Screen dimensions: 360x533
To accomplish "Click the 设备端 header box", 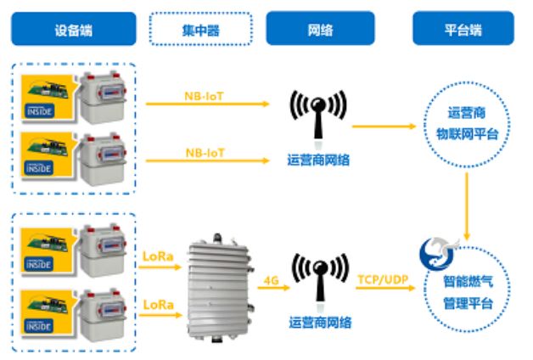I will point(73,29).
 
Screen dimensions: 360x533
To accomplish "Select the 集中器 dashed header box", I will point(200,29).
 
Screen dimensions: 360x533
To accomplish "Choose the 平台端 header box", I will point(463,29).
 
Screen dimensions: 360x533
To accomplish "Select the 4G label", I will point(271,279).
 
